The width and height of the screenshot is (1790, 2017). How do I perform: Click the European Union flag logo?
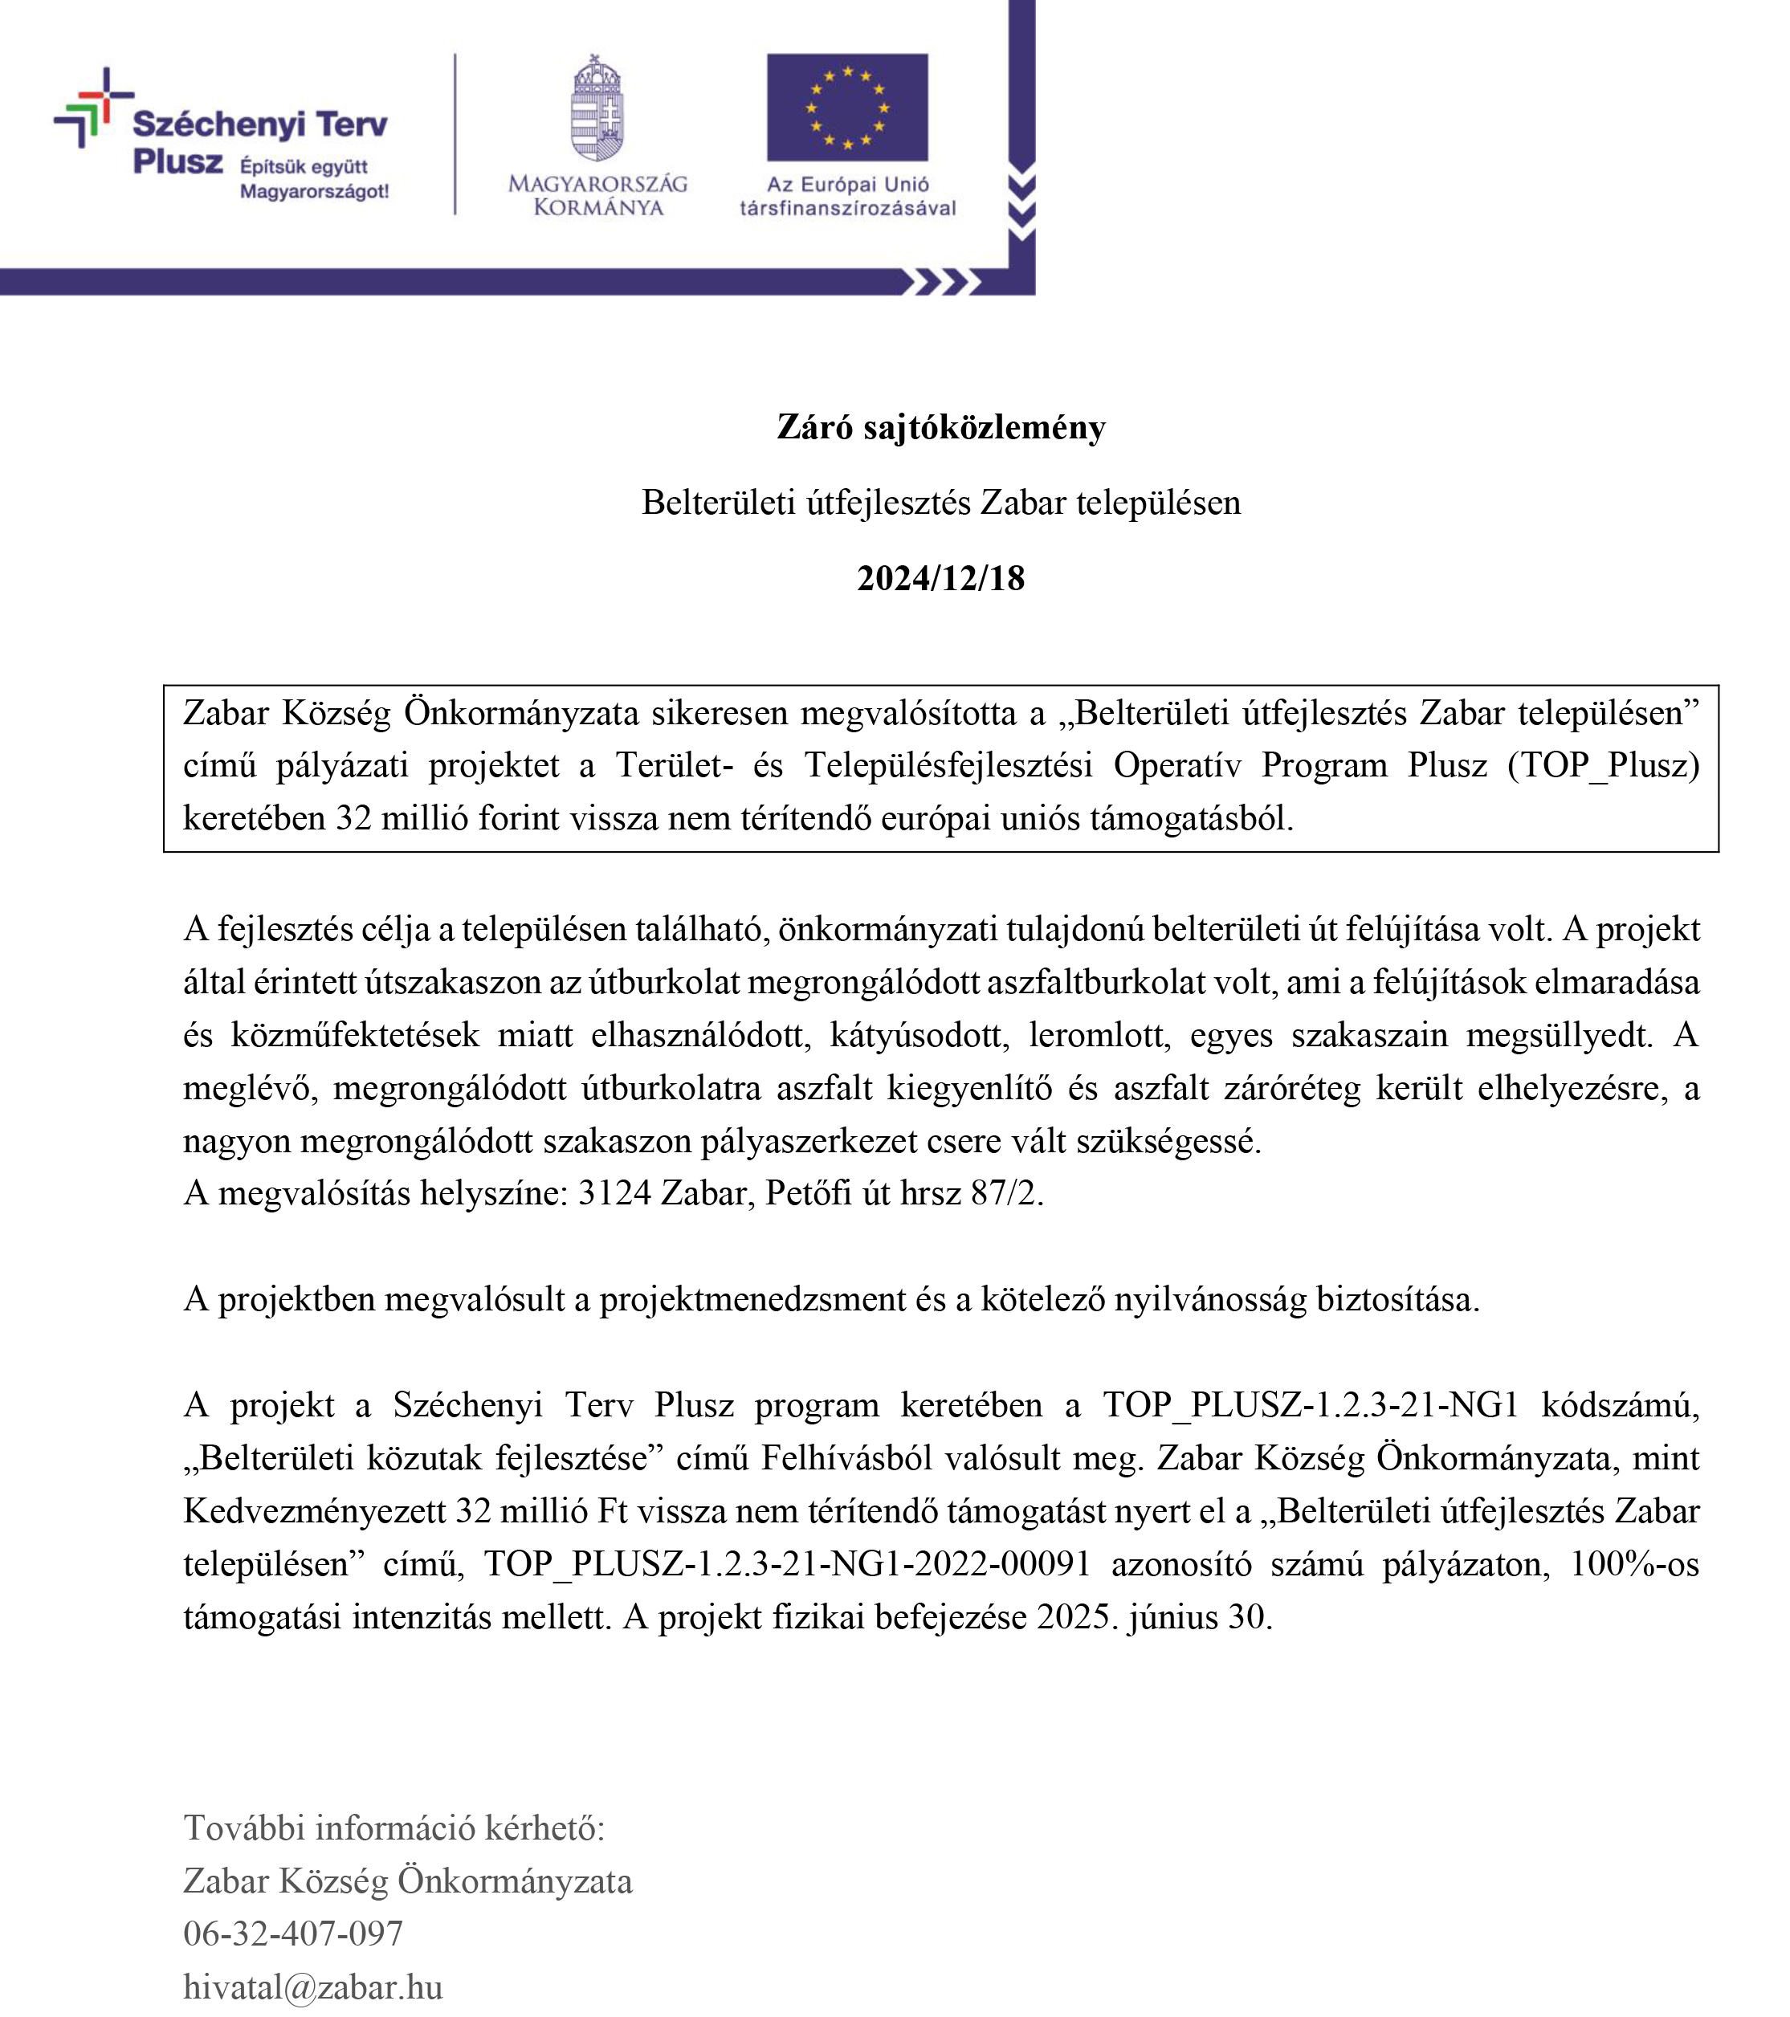pyautogui.click(x=846, y=107)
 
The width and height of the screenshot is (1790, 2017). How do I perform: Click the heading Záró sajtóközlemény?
pyautogui.click(x=940, y=427)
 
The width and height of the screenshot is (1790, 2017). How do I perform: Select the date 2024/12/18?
pyautogui.click(x=940, y=578)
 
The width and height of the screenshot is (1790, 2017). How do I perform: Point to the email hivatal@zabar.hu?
pyautogui.click(x=313, y=1986)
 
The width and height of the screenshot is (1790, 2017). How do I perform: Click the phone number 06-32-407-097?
pyautogui.click(x=293, y=1933)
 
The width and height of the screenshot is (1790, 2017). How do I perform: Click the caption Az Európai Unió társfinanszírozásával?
pyautogui.click(x=848, y=195)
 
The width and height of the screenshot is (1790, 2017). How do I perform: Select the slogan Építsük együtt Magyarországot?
pyautogui.click(x=314, y=178)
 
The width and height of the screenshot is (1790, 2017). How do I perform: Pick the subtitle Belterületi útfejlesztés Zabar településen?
pyautogui.click(x=940, y=503)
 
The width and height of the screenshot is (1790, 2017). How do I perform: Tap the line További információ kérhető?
pyautogui.click(x=393, y=1828)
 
